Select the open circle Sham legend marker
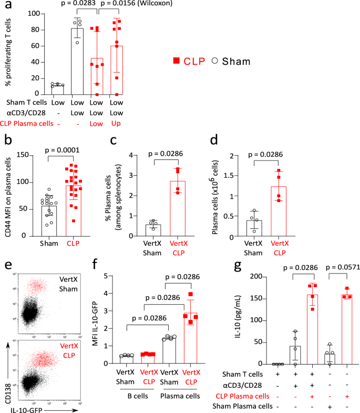(214, 61)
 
